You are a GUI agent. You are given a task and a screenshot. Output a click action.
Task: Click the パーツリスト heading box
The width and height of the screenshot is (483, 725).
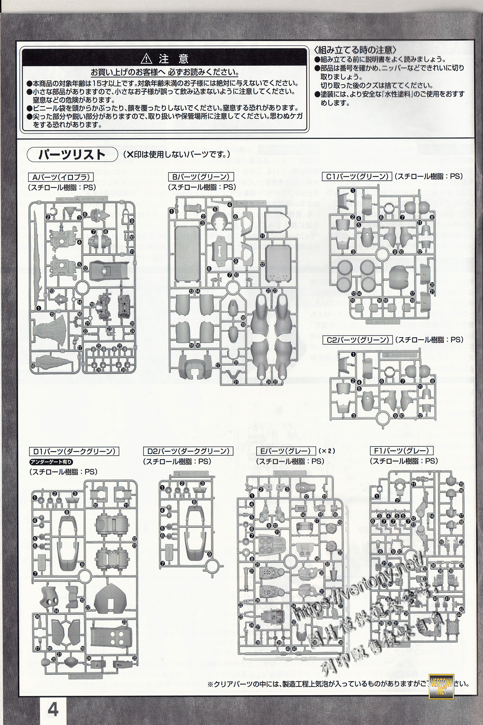click(72, 154)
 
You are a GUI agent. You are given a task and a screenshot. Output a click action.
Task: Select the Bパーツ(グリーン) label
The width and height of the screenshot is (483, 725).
click(201, 177)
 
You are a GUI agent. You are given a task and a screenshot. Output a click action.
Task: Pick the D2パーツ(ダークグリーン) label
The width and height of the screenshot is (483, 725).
click(188, 451)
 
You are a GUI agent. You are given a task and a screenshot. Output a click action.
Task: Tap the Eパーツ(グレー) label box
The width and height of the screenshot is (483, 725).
click(286, 451)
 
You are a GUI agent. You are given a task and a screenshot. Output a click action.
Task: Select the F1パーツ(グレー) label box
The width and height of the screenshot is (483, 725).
click(401, 451)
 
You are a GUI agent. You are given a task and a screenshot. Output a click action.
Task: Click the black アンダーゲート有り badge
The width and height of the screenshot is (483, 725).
click(51, 462)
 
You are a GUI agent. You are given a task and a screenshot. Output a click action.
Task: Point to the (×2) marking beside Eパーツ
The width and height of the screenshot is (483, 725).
click(327, 451)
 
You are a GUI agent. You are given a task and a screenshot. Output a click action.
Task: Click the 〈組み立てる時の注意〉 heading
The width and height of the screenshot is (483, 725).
click(355, 50)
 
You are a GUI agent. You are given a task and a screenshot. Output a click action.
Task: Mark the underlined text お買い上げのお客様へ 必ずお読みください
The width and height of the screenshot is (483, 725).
click(165, 72)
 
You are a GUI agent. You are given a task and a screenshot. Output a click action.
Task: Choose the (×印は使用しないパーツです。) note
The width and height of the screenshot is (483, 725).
click(177, 154)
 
